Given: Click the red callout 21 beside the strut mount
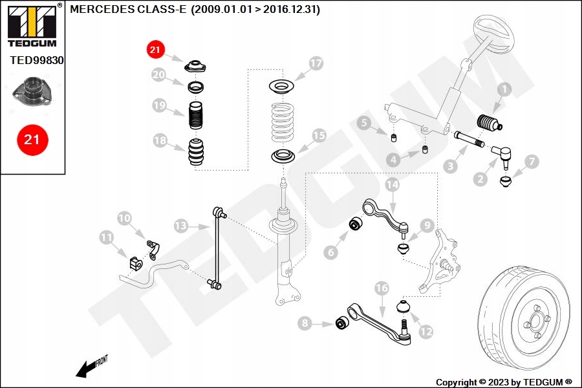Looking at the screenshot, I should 155,49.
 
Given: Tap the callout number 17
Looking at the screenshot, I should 315,64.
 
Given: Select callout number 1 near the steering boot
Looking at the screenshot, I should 504,90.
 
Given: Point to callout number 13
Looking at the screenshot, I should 181,226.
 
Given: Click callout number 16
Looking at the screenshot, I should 382,288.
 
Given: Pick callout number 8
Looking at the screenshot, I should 305,323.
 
